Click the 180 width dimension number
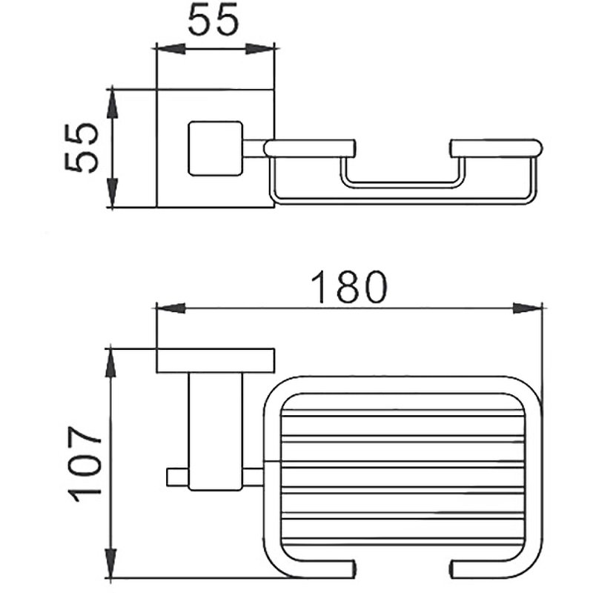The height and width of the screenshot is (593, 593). coord(348,288)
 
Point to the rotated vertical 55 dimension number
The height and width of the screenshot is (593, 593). coord(82,148)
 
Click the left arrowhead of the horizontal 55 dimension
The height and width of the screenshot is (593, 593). coord(169,49)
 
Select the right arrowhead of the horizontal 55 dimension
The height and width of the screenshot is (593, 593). coord(261,49)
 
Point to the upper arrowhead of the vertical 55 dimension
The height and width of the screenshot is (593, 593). coord(112,104)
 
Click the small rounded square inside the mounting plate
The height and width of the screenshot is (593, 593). coord(216,148)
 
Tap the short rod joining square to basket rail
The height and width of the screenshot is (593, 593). coord(254,148)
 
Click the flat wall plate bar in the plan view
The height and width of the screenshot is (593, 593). coord(215,360)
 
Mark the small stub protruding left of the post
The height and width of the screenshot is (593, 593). coord(176,477)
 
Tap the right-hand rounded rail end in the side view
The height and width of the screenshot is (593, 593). coord(497,148)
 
